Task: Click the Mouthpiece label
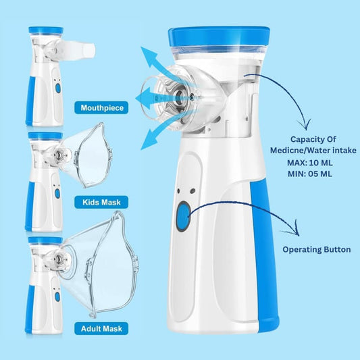click(x=101, y=107)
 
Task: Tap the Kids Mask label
click(x=101, y=202)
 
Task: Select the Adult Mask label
click(x=101, y=328)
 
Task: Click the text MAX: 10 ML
click(x=310, y=163)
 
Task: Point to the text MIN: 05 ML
click(x=310, y=174)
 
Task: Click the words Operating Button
click(x=317, y=249)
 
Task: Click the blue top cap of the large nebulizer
click(x=219, y=36)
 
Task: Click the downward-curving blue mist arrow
click(x=161, y=131)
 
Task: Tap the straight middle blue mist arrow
click(x=161, y=98)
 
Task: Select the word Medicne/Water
click(x=288, y=151)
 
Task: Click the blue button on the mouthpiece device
click(x=58, y=88)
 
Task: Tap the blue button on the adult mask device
click(x=57, y=297)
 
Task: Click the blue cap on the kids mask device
click(x=45, y=136)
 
